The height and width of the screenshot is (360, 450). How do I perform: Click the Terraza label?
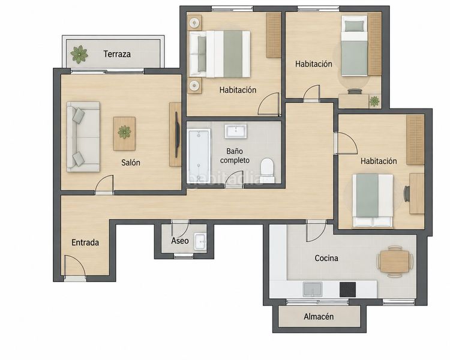tap(117, 54)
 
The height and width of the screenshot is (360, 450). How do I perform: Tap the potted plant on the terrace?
tap(79, 54)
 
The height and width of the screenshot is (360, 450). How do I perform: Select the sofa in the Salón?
tap(83, 137)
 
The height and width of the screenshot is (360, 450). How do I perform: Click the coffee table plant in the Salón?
tap(124, 132)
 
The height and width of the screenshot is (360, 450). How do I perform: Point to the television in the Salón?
tap(177, 134)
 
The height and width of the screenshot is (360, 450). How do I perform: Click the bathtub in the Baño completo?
tap(199, 155)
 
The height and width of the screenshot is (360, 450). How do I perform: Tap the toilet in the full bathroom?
tap(267, 169)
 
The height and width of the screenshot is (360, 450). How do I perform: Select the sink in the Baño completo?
tap(236, 131)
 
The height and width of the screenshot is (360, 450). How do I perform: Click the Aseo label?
tap(180, 241)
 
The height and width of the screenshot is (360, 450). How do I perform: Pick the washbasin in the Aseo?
tap(200, 241)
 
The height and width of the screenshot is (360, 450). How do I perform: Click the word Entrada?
tap(85, 242)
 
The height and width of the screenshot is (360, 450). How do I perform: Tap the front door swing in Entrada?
tap(74, 266)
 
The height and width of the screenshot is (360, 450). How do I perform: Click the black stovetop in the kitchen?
tap(348, 289)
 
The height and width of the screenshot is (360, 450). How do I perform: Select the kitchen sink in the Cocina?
tap(313, 289)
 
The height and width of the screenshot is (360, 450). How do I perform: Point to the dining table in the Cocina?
tap(395, 262)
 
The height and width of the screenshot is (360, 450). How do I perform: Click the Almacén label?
tap(319, 317)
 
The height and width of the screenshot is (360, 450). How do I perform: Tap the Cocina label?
tap(326, 258)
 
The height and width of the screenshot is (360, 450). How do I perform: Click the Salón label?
tap(131, 163)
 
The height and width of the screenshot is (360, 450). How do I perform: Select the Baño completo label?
tap(235, 155)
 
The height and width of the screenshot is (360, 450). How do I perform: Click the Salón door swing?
tap(104, 183)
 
